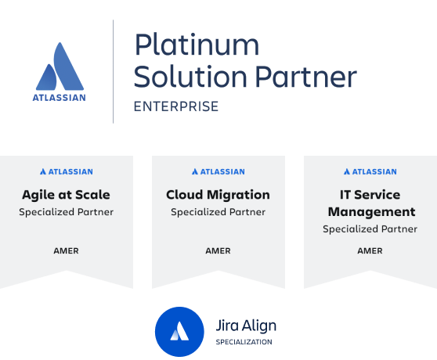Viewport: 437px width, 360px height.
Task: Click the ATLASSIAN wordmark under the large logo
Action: pos(59,98)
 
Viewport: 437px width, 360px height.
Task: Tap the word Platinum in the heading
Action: pos(197,45)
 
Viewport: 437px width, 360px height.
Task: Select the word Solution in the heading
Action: pos(190,76)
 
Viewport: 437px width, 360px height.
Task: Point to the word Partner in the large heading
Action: pos(306,76)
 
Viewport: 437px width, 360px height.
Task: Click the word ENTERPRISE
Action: pos(176,106)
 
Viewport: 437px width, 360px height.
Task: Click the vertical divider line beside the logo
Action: pos(113,71)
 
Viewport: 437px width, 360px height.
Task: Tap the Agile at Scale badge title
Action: pos(66,195)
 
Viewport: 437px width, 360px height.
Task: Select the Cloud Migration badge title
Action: pos(218,195)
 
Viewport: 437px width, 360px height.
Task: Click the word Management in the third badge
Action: pos(371,212)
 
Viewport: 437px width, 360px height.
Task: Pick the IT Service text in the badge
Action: pos(370,195)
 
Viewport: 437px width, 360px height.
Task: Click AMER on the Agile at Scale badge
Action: pos(66,251)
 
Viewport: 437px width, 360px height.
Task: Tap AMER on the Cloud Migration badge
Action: pos(218,251)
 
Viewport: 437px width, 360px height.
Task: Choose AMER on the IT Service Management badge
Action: pos(370,251)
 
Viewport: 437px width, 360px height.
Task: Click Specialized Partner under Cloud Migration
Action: pos(218,212)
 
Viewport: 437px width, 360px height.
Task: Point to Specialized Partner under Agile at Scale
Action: pos(66,212)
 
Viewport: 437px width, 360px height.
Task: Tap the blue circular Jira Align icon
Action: pos(179,332)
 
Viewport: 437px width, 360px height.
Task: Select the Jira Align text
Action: pos(246,326)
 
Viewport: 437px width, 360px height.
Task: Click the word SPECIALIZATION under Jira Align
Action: pos(244,342)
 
